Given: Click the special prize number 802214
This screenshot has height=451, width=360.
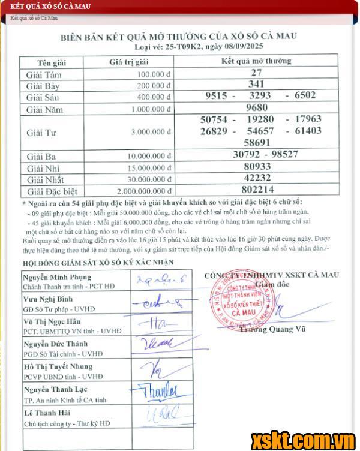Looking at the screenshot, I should click(x=256, y=190).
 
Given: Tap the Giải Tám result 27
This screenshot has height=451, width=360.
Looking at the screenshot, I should click(x=256, y=73).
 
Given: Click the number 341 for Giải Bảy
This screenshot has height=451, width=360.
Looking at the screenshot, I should click(x=256, y=84).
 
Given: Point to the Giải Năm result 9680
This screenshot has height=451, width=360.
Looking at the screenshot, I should click(x=256, y=108).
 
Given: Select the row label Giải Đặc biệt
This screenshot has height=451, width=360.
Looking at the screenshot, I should click(x=52, y=191).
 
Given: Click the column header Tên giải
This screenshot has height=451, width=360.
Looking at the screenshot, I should click(x=52, y=62).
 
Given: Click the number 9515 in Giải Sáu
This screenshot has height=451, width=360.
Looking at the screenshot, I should click(x=216, y=95).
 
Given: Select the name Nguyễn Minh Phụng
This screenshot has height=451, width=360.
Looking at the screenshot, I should click(x=58, y=277).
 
